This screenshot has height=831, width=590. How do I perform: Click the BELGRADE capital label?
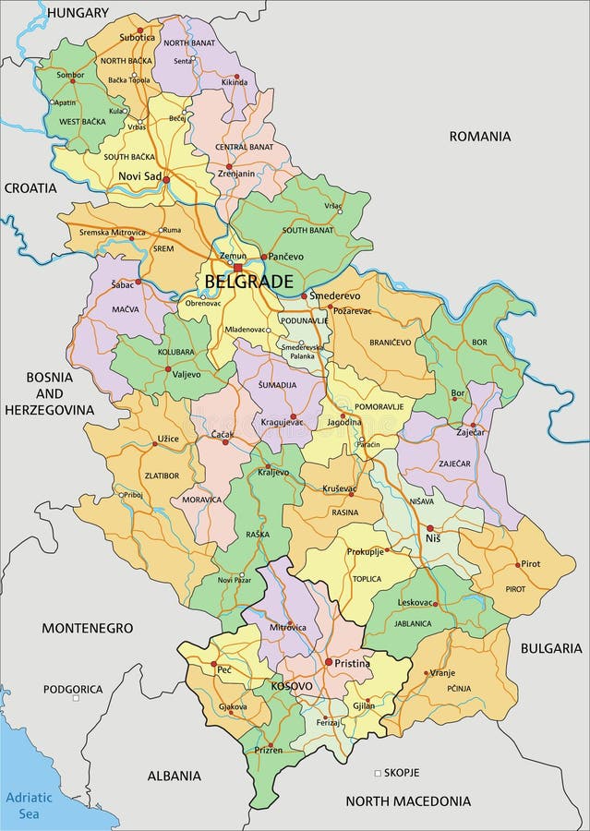(248, 282)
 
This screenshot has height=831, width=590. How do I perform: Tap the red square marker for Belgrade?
(237, 267)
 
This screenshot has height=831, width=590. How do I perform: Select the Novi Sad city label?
(139, 176)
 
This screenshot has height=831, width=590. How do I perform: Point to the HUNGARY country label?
(78, 13)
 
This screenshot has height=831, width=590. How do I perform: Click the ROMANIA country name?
(479, 136)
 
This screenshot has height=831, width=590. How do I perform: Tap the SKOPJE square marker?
(377, 772)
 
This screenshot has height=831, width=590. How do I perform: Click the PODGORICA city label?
(73, 689)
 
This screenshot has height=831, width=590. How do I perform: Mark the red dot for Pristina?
(327, 662)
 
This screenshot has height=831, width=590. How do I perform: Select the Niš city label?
(432, 538)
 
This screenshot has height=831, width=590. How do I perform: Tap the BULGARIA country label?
(550, 648)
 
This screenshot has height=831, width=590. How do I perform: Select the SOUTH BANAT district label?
(308, 229)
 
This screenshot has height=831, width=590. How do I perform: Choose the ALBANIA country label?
(174, 776)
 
